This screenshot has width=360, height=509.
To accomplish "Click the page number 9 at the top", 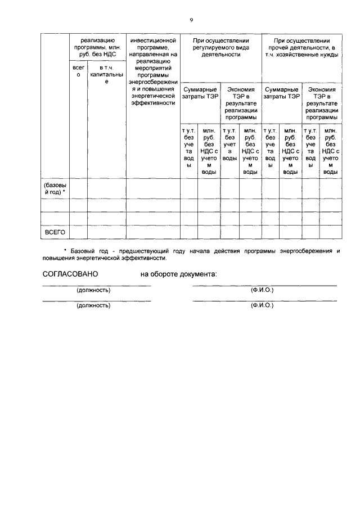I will coord(191,20).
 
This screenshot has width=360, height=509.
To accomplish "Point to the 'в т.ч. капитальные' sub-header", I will coord(107,75).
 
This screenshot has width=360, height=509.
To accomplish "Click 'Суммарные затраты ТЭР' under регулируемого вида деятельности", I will coord(200,93).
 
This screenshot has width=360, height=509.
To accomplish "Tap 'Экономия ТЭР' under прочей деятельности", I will coord(322,103).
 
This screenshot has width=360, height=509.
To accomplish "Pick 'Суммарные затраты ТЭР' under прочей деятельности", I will coord(282,93).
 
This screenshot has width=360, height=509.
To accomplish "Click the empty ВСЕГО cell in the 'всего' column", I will coord(79,232).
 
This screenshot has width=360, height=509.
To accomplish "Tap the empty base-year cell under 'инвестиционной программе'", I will coord(153,188).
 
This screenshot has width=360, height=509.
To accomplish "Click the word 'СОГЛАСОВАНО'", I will coord(70,274).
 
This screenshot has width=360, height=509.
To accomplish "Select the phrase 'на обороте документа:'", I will coord(178,274).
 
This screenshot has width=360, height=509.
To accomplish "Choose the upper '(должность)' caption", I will coord(93,290).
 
